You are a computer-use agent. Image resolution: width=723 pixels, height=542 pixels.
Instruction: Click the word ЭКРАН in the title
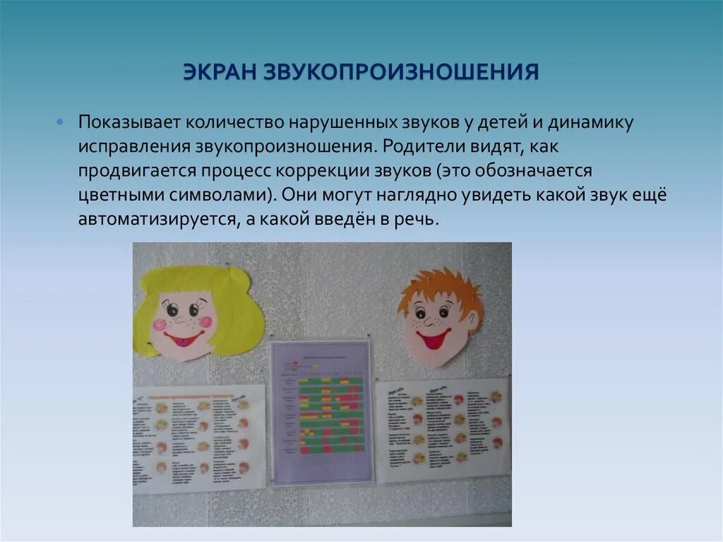click(219, 72)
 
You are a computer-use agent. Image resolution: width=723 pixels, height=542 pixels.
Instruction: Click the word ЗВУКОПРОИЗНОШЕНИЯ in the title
click(402, 72)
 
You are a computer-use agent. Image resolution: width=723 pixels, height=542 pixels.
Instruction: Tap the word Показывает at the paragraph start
click(130, 122)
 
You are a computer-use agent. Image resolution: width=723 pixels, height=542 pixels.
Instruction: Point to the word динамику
click(590, 122)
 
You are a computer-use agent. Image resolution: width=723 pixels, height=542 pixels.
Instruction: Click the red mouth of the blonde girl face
click(184, 340)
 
